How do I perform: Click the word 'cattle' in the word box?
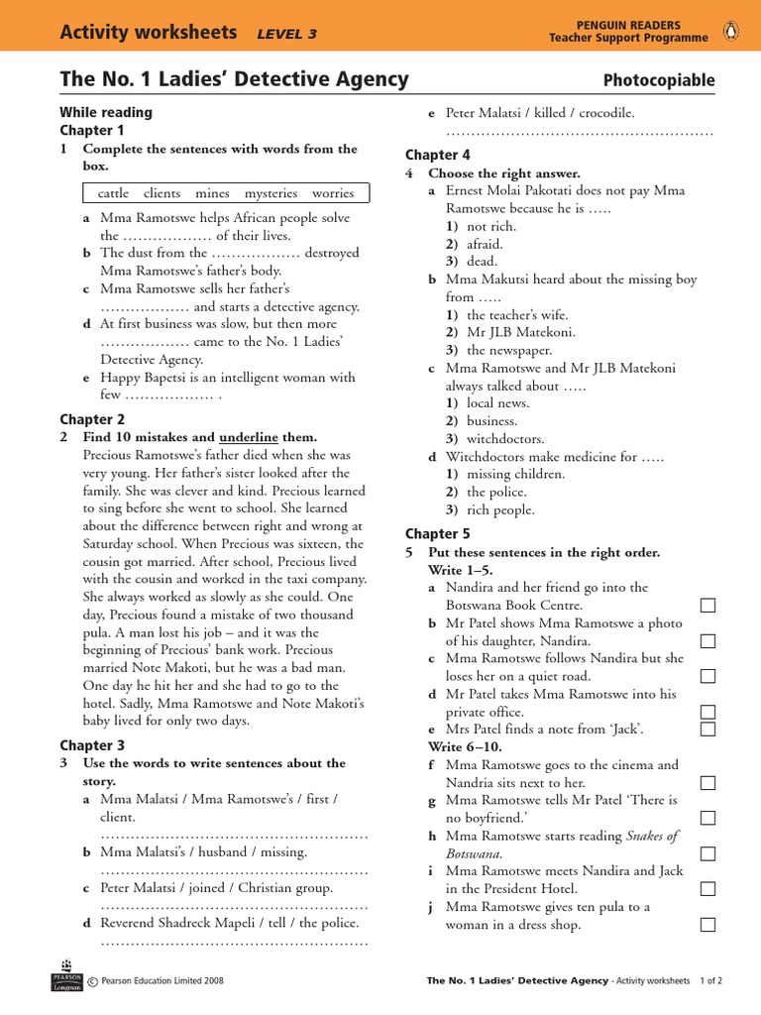pyautogui.click(x=113, y=193)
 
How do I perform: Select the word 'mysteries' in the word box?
pyautogui.click(x=271, y=193)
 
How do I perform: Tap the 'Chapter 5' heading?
pyautogui.click(x=438, y=534)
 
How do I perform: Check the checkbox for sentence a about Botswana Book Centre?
pyautogui.click(x=707, y=606)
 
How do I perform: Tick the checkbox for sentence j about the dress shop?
pyautogui.click(x=707, y=925)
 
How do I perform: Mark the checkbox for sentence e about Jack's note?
pyautogui.click(x=707, y=730)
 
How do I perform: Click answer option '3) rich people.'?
pyautogui.click(x=489, y=509)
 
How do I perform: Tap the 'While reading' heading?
pyautogui.click(x=106, y=112)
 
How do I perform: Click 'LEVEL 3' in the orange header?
pyautogui.click(x=286, y=34)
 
